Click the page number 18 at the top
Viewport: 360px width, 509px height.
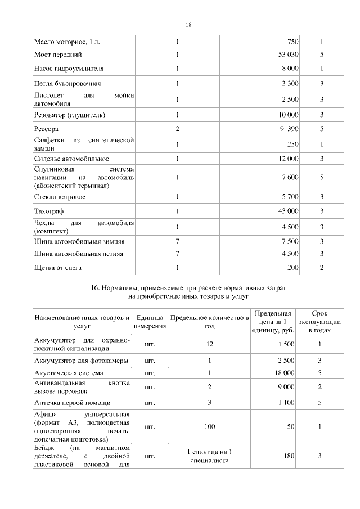pos(188,25)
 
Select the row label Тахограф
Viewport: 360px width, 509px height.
pos(49,211)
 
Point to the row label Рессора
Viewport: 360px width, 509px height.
pos(47,129)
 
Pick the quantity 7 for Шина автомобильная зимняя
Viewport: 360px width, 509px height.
pos(177,241)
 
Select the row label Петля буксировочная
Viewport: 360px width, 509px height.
pos(67,84)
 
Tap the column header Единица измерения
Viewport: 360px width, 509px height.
pos(150,322)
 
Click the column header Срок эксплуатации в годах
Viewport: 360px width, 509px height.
pos(319,322)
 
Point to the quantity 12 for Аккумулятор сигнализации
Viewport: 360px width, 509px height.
pos(209,344)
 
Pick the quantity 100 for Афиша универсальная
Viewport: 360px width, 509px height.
pos(209,427)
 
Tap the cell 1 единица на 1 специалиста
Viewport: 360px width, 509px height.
pos(209,456)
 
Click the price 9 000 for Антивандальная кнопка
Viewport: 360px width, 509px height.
pos(287,387)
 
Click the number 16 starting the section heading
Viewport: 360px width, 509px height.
pos(94,287)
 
